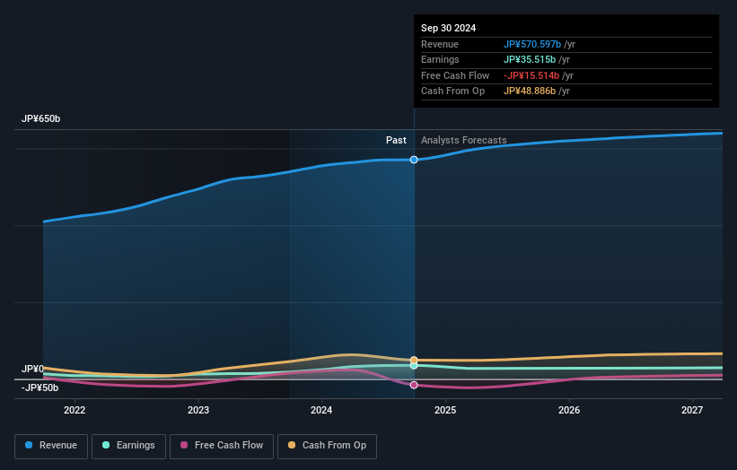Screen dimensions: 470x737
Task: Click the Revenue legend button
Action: [x=51, y=446]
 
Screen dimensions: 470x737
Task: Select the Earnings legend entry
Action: [x=128, y=446]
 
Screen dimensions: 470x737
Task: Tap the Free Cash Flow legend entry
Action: [x=221, y=446]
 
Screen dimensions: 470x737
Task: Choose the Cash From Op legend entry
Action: [x=327, y=446]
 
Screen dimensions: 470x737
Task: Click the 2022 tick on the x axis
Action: [x=75, y=411]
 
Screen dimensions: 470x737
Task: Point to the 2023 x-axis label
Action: [x=198, y=411]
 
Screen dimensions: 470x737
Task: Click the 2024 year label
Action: [x=321, y=411]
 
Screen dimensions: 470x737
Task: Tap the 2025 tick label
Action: [x=445, y=411]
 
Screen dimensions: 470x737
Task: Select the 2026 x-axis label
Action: [x=568, y=411]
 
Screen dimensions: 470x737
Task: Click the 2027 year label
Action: [x=692, y=411]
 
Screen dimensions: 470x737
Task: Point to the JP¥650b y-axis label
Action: [x=41, y=119]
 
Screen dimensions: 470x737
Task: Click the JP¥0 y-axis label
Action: [x=32, y=370]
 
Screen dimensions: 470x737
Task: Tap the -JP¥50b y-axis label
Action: [x=39, y=388]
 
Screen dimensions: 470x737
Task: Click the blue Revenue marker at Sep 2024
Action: [x=414, y=160]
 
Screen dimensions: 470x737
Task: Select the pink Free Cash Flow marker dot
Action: [x=414, y=385]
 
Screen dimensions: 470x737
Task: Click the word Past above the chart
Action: [x=396, y=141]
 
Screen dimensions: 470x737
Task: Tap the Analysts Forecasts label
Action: [x=463, y=141]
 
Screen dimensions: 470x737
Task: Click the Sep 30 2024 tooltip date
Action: [x=448, y=28]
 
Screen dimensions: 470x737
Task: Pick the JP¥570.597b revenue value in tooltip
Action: [x=532, y=45]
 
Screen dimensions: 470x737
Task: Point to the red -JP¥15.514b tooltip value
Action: [x=531, y=76]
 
